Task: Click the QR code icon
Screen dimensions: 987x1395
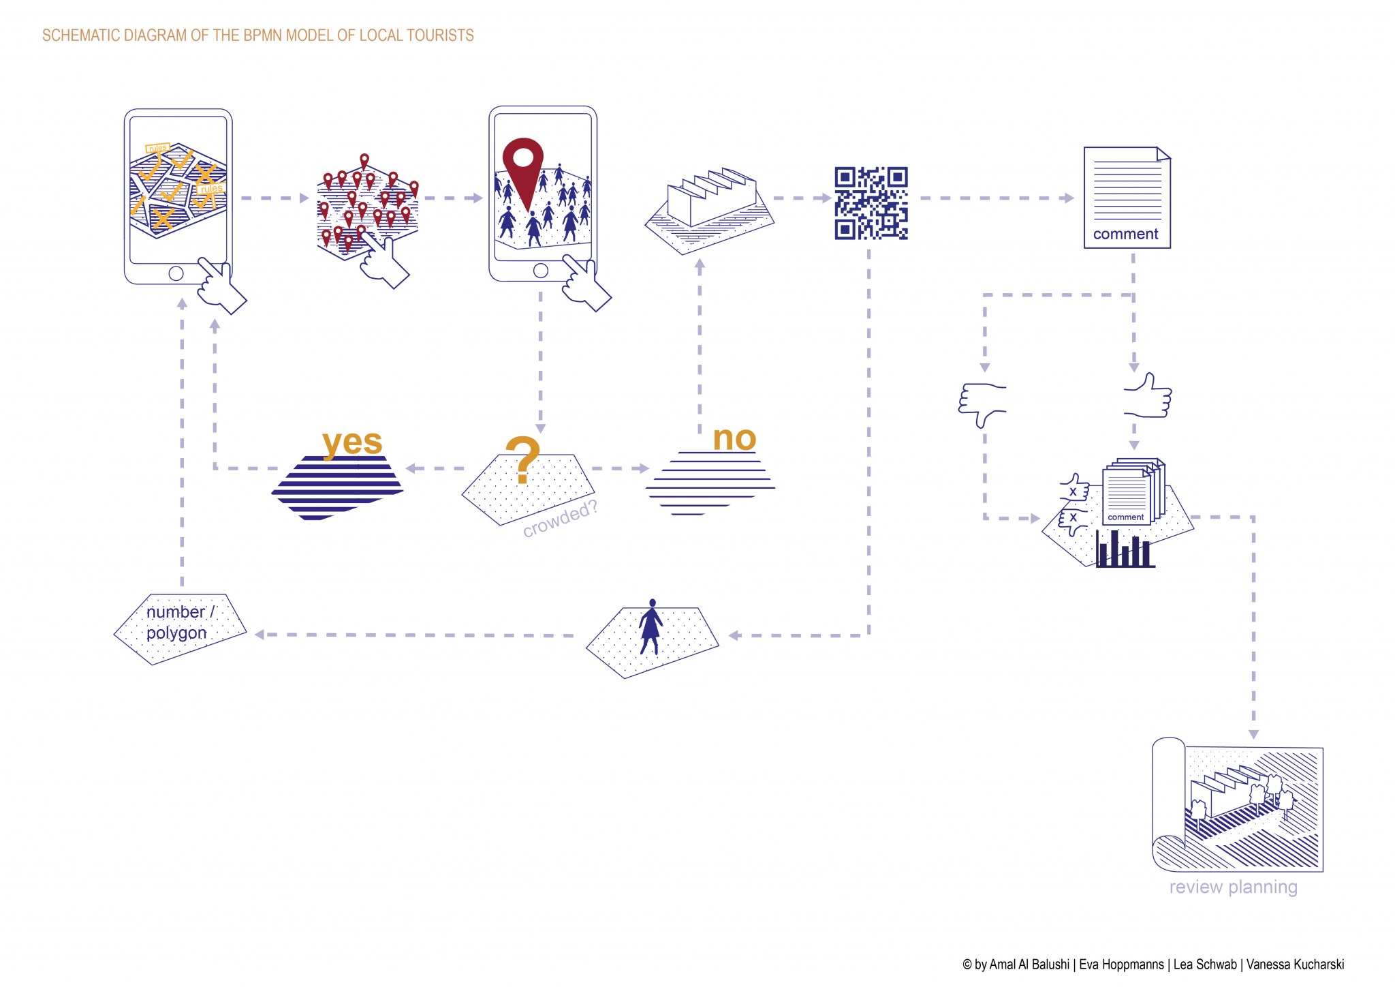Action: tap(871, 203)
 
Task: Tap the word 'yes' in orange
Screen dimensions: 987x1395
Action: tap(352, 442)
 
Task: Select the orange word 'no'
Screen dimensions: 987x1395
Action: tap(734, 438)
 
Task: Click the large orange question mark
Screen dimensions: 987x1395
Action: tap(523, 459)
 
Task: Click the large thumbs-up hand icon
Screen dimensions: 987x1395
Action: tap(1148, 396)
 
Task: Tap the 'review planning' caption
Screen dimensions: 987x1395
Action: tap(1233, 887)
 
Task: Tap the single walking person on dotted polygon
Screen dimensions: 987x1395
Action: tap(651, 627)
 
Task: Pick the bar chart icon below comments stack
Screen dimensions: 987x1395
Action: tap(1124, 550)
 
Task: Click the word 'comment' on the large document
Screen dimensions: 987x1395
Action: tap(1125, 234)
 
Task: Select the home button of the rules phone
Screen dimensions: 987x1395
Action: tap(176, 273)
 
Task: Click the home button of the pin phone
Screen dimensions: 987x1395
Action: tap(541, 271)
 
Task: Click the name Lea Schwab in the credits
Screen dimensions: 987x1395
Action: tap(1204, 965)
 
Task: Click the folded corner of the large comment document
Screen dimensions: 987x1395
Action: tap(1163, 154)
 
